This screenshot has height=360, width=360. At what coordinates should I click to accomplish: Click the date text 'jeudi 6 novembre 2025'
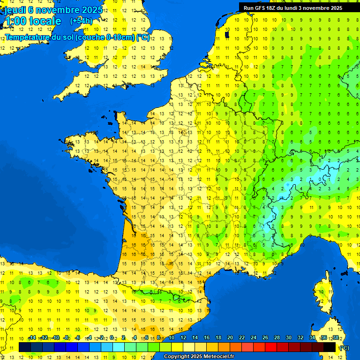coord(53,10)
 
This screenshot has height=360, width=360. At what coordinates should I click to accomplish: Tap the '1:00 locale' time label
coord(33,21)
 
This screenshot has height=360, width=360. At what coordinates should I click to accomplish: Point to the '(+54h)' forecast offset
coord(81,21)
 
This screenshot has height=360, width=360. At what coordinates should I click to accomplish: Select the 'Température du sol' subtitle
coord(77,37)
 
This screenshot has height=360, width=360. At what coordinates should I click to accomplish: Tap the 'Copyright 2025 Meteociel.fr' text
coord(199,357)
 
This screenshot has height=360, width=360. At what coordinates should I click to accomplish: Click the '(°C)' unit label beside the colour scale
coord(344,348)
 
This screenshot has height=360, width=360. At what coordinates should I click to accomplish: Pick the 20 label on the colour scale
coord(230,337)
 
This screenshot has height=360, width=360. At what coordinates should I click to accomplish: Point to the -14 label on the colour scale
coord(32,337)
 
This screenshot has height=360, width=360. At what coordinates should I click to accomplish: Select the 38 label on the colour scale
coord(336,337)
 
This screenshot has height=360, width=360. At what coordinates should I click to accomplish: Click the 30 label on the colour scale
coord(289,337)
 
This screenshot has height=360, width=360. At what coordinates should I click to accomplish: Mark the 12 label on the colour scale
coord(183,337)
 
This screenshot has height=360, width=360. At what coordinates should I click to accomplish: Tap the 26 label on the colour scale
coord(265,337)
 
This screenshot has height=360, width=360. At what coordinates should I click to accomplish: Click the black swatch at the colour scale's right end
coord(330,347)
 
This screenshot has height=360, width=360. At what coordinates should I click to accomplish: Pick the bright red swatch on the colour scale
coord(271,347)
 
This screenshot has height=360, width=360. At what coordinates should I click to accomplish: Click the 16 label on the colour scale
coord(207,337)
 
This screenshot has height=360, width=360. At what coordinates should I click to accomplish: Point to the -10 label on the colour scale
coord(56,337)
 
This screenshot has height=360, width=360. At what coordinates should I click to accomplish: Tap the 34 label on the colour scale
coord(312,337)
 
